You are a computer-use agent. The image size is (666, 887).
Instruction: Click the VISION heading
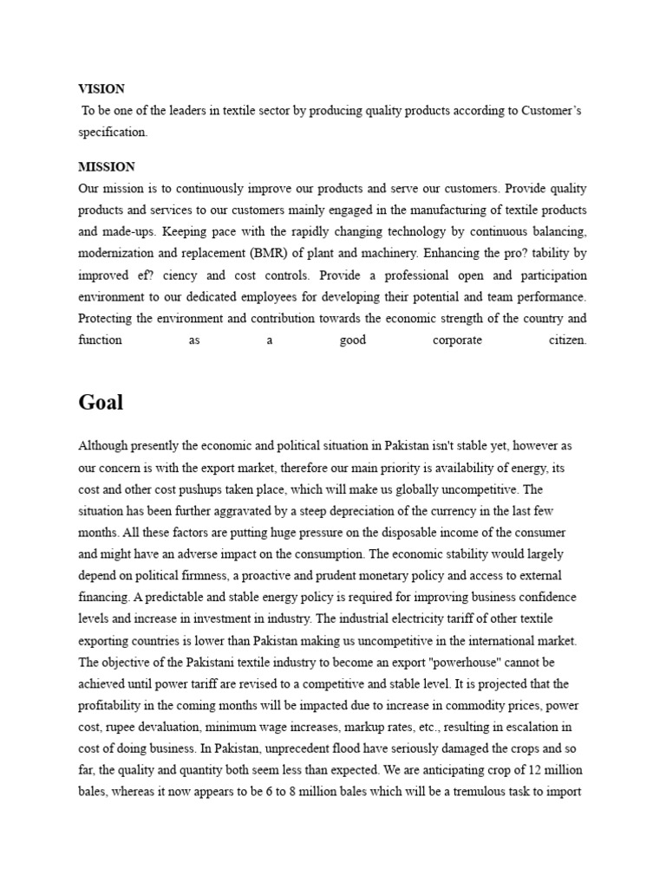[101, 88]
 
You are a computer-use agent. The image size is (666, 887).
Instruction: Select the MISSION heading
[107, 166]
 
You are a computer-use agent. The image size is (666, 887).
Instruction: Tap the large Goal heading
[101, 402]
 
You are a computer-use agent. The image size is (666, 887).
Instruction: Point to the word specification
[113, 133]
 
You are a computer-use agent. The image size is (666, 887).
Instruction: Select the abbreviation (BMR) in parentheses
[251, 254]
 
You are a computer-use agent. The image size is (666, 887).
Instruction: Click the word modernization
[116, 254]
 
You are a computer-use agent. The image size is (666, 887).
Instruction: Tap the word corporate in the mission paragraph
[457, 340]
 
